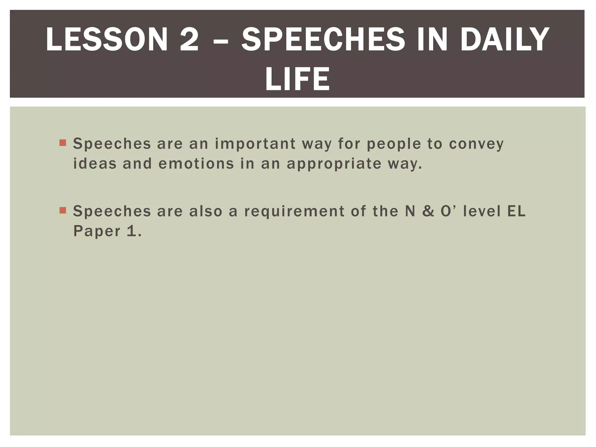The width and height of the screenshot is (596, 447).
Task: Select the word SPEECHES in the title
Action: pos(323,40)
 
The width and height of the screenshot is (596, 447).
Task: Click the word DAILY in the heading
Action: pos(505,40)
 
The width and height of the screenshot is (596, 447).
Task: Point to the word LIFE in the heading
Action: pos(297,79)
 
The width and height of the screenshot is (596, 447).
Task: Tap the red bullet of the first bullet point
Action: pos(63,143)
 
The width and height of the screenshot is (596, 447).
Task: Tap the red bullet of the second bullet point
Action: pos(63,210)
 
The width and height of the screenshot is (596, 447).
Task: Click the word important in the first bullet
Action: pos(255,144)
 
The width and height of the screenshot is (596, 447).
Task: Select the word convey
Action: pos(476,144)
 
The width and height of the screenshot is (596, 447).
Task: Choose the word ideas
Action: pos(95,164)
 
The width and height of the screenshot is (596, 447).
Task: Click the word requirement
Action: pos(294,212)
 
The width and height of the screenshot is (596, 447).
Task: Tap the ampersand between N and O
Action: pos(428,211)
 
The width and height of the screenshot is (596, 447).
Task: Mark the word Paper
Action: pos(97,232)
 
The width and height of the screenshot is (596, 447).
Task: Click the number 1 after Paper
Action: pos(132,231)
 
